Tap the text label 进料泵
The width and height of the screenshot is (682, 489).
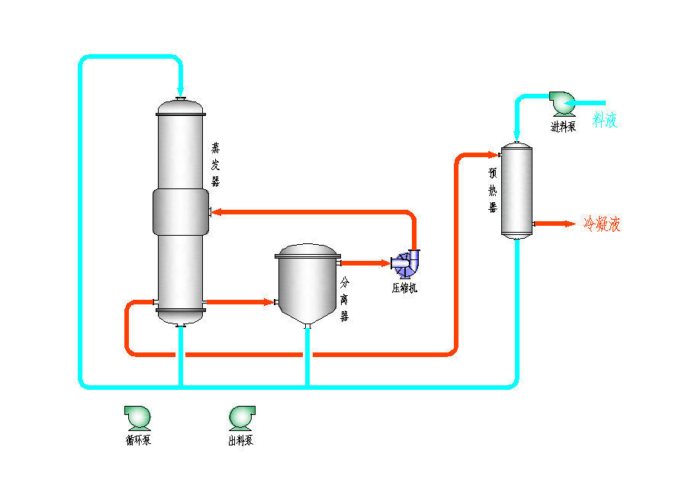click(563, 127)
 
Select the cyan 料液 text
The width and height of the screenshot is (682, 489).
click(605, 120)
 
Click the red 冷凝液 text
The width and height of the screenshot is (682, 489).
click(602, 224)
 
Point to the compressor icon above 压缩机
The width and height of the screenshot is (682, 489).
click(405, 263)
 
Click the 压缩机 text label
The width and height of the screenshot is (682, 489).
click(404, 288)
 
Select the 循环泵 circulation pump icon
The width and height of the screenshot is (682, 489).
click(138, 417)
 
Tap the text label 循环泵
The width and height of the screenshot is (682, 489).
click(138, 440)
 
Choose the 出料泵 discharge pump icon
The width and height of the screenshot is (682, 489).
click(242, 417)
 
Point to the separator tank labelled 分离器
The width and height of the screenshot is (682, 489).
click(307, 278)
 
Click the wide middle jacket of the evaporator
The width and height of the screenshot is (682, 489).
click(180, 211)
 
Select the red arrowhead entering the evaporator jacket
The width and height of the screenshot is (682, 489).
click(216, 212)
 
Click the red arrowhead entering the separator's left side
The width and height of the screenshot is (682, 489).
click(269, 302)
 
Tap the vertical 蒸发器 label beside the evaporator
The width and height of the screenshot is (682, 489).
click(216, 163)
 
